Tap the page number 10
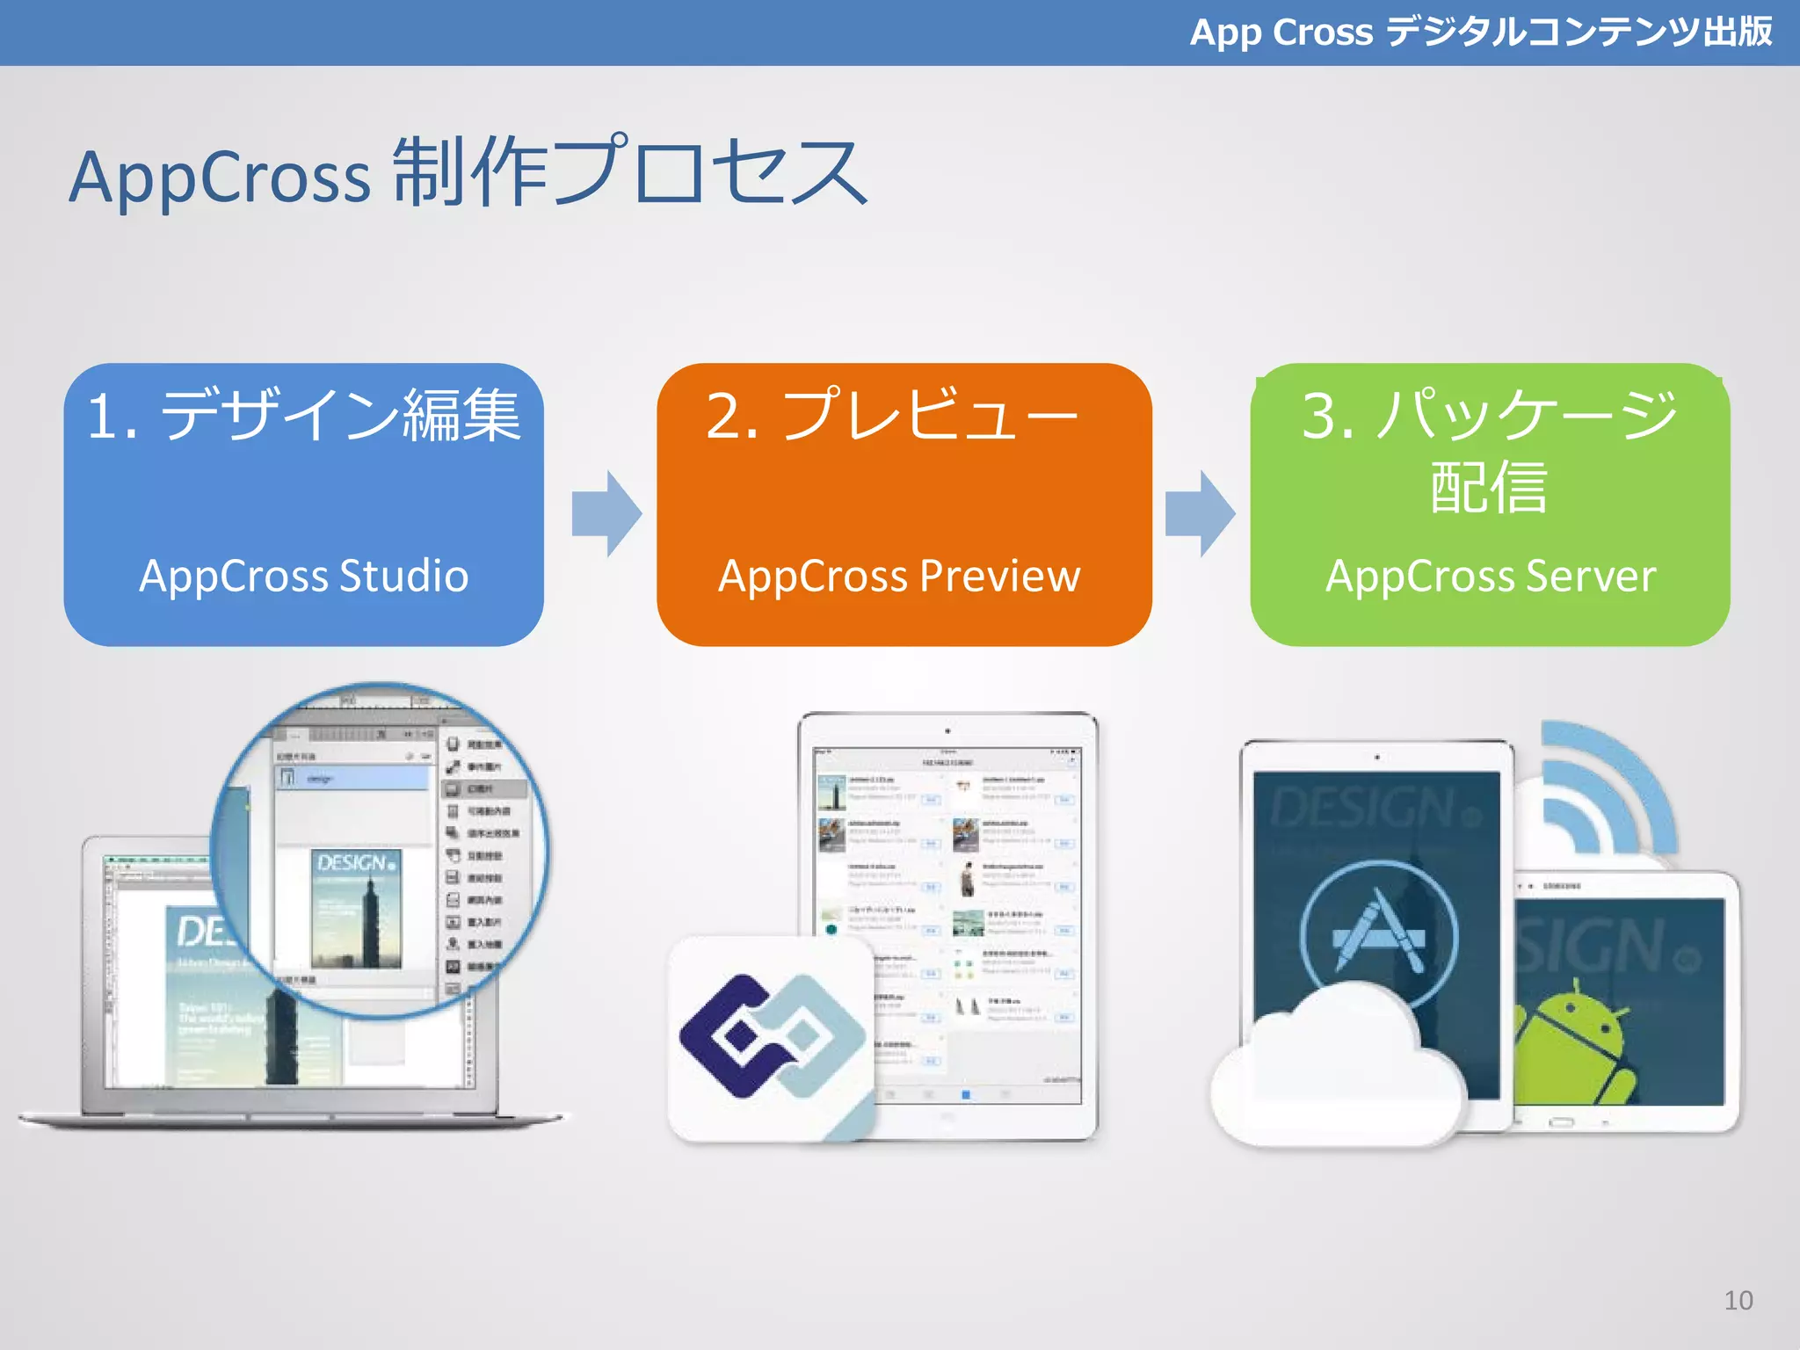click(1738, 1300)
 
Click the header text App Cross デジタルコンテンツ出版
click(1480, 33)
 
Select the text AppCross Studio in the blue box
click(304, 577)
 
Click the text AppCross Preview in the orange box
click(899, 577)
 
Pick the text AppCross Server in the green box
click(1491, 577)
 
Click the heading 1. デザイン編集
click(304, 415)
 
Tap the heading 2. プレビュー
click(891, 415)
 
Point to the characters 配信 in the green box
click(1488, 486)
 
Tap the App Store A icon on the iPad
click(1378, 933)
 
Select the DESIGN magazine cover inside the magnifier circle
click(356, 910)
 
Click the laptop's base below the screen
click(290, 1119)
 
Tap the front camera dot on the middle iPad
click(947, 730)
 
